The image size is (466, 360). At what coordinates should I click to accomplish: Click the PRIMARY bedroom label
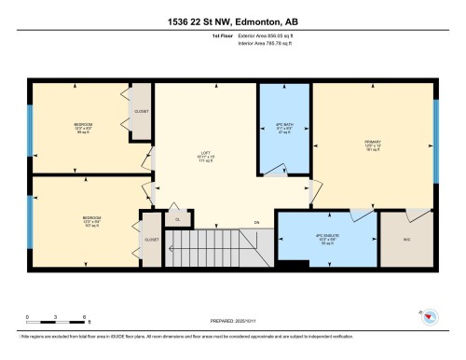point(374,145)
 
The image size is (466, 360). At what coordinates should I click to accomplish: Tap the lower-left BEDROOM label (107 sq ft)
point(89,220)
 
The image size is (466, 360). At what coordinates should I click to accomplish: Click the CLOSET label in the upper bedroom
point(141,111)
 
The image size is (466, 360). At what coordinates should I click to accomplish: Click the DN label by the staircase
point(255,222)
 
